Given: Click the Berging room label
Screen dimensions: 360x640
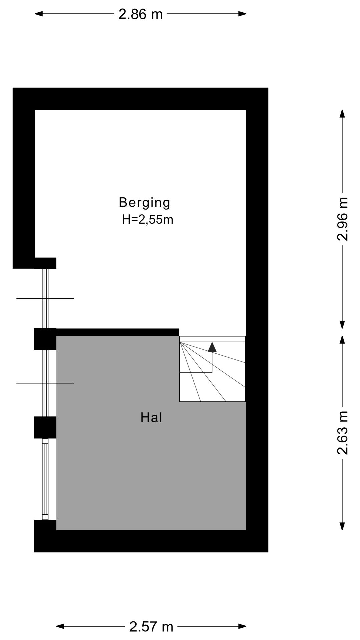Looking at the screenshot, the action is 144,203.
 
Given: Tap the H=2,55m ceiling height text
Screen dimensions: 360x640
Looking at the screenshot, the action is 147,220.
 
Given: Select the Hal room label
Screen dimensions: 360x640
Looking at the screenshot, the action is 151,417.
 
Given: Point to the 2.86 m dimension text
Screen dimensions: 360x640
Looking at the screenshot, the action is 140,14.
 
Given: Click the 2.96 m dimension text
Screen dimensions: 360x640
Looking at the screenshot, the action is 342,219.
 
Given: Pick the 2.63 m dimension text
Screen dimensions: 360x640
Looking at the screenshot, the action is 342,433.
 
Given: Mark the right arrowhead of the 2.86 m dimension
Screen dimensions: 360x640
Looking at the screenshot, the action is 242,14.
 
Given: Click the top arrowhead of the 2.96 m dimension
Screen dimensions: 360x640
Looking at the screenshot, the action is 342,114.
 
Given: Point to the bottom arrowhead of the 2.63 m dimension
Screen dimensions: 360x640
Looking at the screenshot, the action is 342,526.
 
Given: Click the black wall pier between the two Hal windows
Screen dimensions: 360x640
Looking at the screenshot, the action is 45,427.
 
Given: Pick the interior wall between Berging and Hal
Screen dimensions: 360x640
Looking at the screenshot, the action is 117,332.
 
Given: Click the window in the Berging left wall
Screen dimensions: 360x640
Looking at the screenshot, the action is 45,298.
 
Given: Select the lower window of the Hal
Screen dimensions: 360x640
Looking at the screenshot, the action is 45,479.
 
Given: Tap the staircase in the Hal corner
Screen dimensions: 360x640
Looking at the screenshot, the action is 212,369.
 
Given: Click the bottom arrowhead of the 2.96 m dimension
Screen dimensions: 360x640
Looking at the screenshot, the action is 342,324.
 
